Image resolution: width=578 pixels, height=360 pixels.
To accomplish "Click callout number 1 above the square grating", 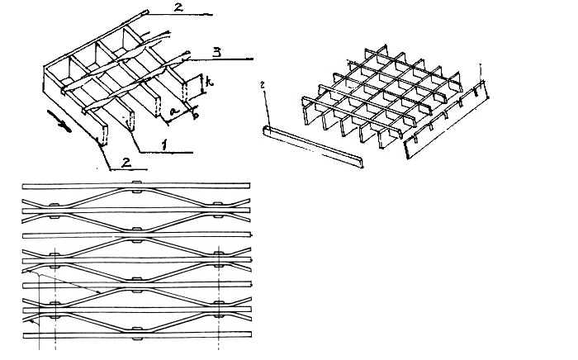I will click(x=480, y=69).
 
